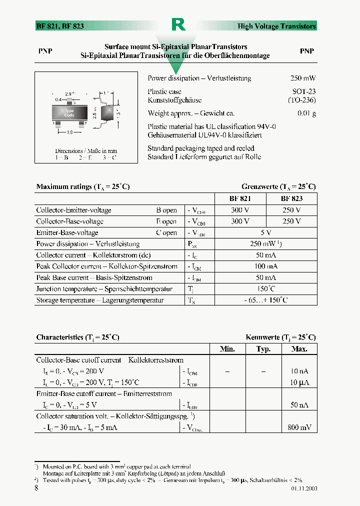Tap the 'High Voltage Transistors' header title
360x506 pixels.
[276, 26]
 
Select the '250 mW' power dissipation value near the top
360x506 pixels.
[303, 78]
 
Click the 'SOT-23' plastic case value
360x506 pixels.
[304, 91]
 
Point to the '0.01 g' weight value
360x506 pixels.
[306, 113]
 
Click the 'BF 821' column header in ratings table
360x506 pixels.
[240, 198]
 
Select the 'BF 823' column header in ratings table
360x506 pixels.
[291, 198]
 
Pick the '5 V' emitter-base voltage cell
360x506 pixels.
[266, 232]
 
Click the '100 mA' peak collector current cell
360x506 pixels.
[266, 266]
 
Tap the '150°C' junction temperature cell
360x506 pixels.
[266, 289]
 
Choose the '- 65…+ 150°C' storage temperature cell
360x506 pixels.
[266, 300]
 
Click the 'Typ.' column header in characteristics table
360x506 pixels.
[263, 349]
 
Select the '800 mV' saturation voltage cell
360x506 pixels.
[299, 427]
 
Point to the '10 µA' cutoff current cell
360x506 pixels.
[299, 382]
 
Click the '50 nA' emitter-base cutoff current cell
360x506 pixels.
[299, 405]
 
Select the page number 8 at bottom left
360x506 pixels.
[36, 488]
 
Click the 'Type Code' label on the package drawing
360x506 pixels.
[69, 113]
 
